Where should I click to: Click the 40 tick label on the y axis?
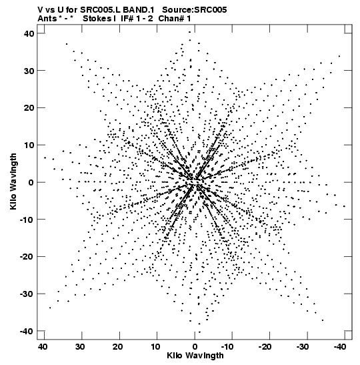point(29,33)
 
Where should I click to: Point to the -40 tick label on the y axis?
point(27,331)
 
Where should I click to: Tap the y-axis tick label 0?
point(31,182)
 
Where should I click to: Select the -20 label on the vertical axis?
point(27,256)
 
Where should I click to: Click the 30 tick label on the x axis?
point(80,347)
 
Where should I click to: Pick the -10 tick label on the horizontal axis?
point(227,347)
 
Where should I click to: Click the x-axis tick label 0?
point(195,347)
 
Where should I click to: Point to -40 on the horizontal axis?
point(340,347)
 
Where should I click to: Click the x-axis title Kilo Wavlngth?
point(195,356)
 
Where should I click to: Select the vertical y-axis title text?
point(13,181)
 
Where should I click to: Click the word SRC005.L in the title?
point(101,10)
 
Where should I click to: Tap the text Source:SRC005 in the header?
point(194,10)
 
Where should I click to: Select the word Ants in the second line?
point(47,19)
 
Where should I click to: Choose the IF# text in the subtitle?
point(127,19)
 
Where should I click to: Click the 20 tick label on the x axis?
point(118,347)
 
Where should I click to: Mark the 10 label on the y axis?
point(29,145)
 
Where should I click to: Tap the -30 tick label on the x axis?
point(302,347)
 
